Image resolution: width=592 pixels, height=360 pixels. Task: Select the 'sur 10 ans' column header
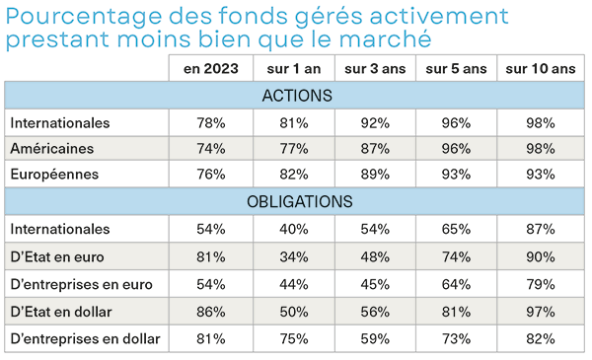click(540, 68)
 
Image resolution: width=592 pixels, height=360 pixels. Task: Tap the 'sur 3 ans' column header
click(375, 68)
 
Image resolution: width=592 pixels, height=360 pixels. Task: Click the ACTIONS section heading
click(296, 96)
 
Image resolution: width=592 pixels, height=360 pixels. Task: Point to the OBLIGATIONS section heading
click(296, 201)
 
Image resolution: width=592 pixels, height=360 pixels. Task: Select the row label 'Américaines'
click(51, 148)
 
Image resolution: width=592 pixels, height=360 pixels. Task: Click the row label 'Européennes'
click(53, 175)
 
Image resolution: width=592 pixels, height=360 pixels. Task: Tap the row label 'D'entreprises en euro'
click(81, 286)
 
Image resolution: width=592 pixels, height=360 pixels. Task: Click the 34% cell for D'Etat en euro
click(293, 258)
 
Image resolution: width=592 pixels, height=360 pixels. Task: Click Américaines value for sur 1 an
click(293, 148)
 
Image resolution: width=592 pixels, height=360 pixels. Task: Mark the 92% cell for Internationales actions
click(375, 123)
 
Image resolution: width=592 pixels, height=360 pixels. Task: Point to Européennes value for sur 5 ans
click(457, 175)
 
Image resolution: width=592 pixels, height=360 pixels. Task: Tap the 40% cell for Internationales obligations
click(293, 230)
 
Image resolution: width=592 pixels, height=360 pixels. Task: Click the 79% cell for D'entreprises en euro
click(540, 286)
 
